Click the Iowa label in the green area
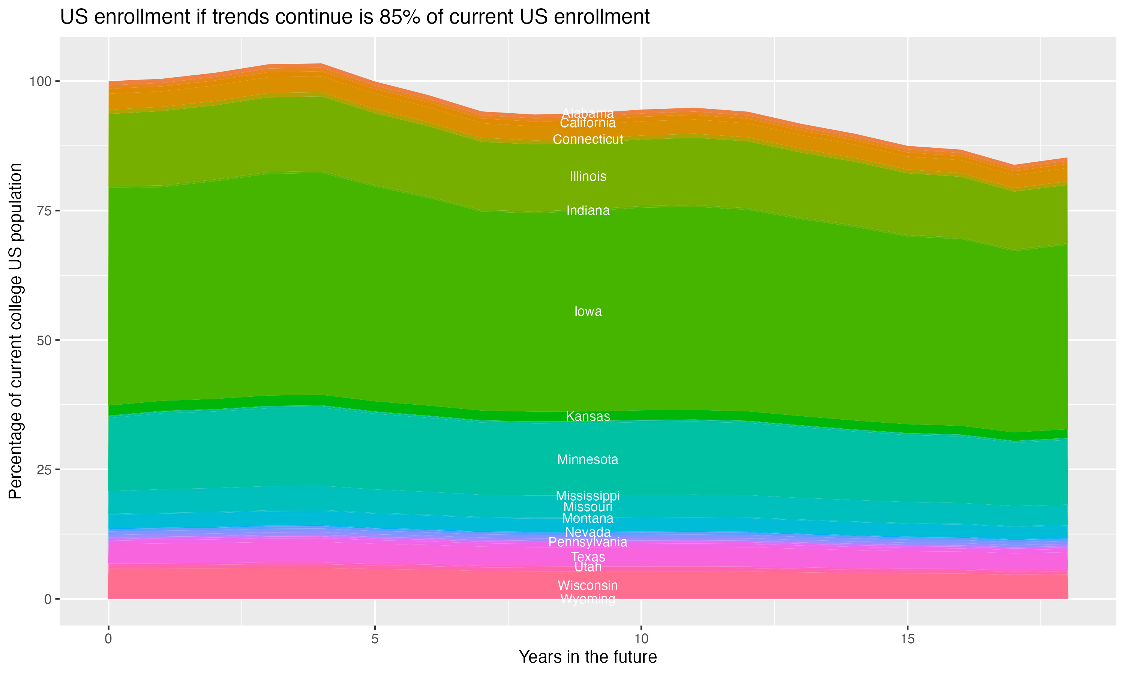tap(588, 312)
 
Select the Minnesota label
tap(588, 459)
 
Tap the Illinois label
tap(588, 177)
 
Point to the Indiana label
tap(588, 211)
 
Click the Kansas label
tap(588, 416)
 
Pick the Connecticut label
tap(588, 139)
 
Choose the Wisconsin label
tap(588, 585)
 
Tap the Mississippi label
tap(588, 495)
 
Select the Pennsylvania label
tap(588, 542)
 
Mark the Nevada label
tap(588, 532)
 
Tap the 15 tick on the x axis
tap(907, 639)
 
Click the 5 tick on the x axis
tap(375, 639)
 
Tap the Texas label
tap(588, 557)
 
